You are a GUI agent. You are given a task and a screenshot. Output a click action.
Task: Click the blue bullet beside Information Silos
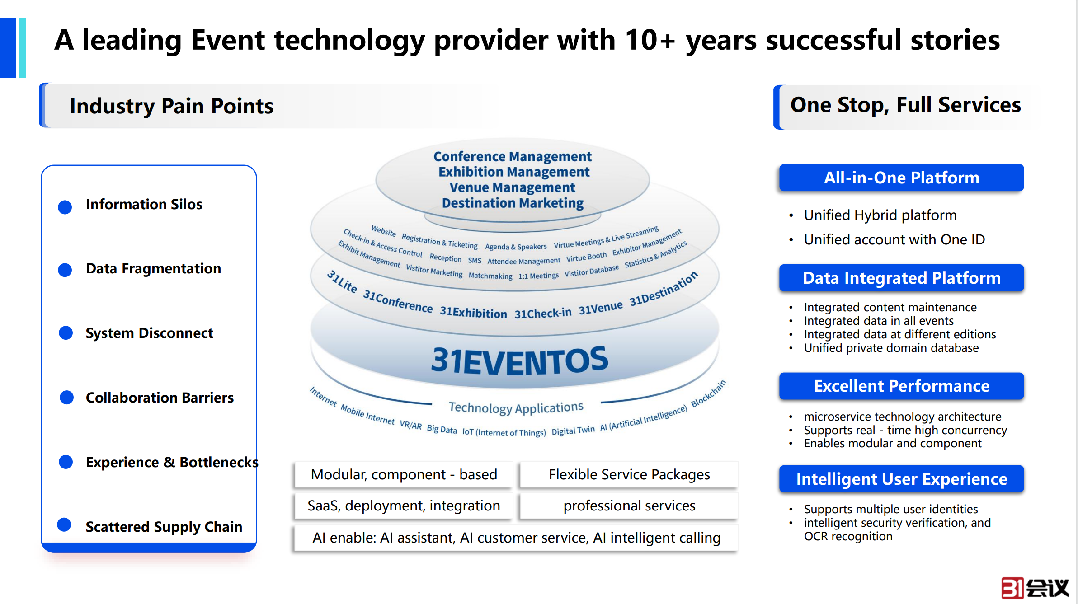65,207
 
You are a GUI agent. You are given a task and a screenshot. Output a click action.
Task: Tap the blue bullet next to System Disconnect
66,333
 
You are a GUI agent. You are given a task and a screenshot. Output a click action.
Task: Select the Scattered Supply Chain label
164,527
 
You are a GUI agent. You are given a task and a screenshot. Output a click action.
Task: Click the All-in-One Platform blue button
901,178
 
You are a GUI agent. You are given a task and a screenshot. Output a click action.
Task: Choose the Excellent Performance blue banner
901,386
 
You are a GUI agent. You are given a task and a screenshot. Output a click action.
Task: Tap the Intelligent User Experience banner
901,479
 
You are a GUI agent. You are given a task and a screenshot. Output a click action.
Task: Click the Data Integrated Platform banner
901,278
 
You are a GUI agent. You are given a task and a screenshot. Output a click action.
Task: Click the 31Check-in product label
543,313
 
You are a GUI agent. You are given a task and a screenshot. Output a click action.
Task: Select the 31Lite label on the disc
342,281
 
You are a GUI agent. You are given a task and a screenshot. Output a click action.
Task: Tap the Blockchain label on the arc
708,393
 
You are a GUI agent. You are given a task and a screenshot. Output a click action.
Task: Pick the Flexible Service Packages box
629,474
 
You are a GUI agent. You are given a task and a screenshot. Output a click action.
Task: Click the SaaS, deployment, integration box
404,506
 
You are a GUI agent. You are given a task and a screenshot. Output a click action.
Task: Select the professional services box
629,506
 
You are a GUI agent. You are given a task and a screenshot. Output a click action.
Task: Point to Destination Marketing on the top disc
513,203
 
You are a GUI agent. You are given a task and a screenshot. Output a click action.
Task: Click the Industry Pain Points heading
171,106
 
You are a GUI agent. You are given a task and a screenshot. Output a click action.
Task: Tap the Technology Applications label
516,407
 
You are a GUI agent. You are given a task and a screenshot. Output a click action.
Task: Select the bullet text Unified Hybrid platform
880,215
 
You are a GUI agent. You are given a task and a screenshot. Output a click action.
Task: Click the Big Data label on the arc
442,429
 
